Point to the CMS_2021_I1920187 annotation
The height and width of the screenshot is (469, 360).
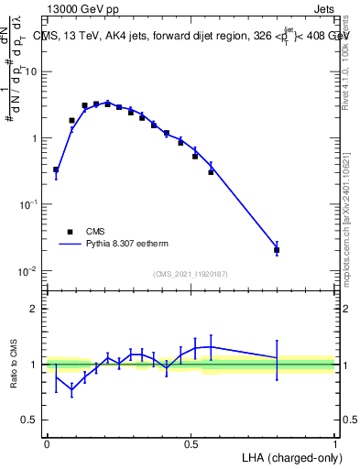190,273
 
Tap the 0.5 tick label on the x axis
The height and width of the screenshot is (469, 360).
191,443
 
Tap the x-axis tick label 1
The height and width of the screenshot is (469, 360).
334,443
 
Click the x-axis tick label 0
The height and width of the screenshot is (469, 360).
47,443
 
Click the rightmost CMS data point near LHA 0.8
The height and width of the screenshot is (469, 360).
277,249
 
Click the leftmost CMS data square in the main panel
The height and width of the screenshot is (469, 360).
56,169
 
